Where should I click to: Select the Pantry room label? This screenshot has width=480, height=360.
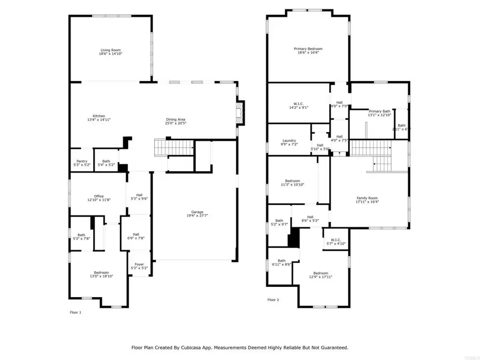pos(82,161)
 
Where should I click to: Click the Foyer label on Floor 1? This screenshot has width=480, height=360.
pos(139,264)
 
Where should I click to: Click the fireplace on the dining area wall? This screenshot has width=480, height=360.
pos(241,113)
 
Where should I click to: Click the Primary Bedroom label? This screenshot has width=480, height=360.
pos(308,49)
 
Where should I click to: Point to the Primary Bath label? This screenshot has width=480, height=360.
pos(379,111)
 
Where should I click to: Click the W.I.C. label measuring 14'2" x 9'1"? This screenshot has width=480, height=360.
pos(299,103)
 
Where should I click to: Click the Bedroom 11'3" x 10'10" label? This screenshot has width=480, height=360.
pos(292,181)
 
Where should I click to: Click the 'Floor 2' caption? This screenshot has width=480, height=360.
pos(273,300)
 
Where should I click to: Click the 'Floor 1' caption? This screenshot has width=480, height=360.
pos(76,312)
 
